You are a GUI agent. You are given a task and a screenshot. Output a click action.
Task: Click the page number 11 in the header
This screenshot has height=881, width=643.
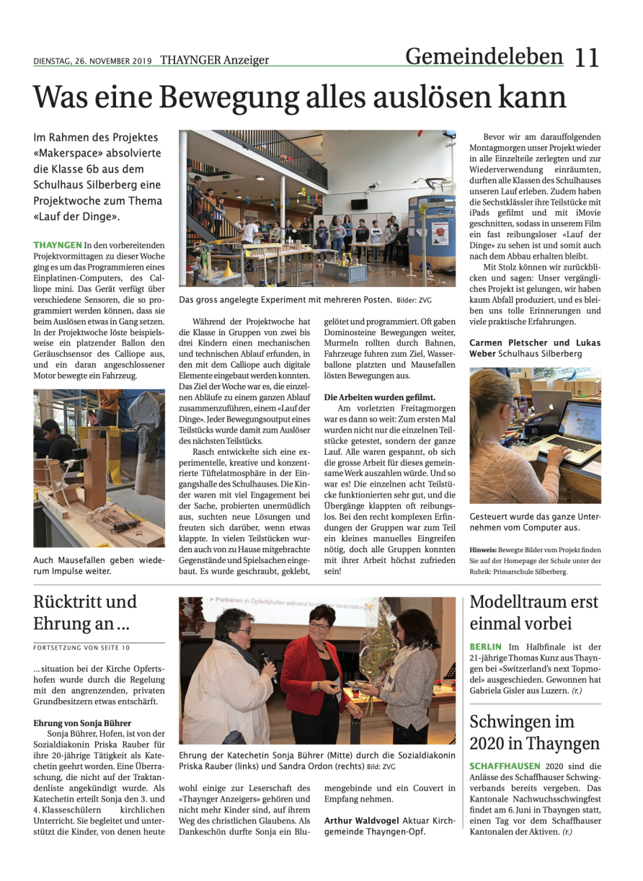[587, 57]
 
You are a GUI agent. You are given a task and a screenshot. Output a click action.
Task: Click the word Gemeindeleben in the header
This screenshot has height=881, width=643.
[484, 56]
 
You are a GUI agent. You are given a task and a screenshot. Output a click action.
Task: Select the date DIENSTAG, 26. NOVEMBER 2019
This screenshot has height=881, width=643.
[92, 61]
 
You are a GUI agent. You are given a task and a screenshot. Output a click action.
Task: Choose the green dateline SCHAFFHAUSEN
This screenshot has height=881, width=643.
[505, 766]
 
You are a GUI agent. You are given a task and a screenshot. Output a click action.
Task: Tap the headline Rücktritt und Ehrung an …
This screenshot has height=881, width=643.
[85, 612]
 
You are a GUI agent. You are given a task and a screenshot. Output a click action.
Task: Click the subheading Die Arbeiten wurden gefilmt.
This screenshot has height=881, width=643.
[379, 397]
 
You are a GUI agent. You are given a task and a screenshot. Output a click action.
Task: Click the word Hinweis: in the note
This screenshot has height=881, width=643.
[484, 549]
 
